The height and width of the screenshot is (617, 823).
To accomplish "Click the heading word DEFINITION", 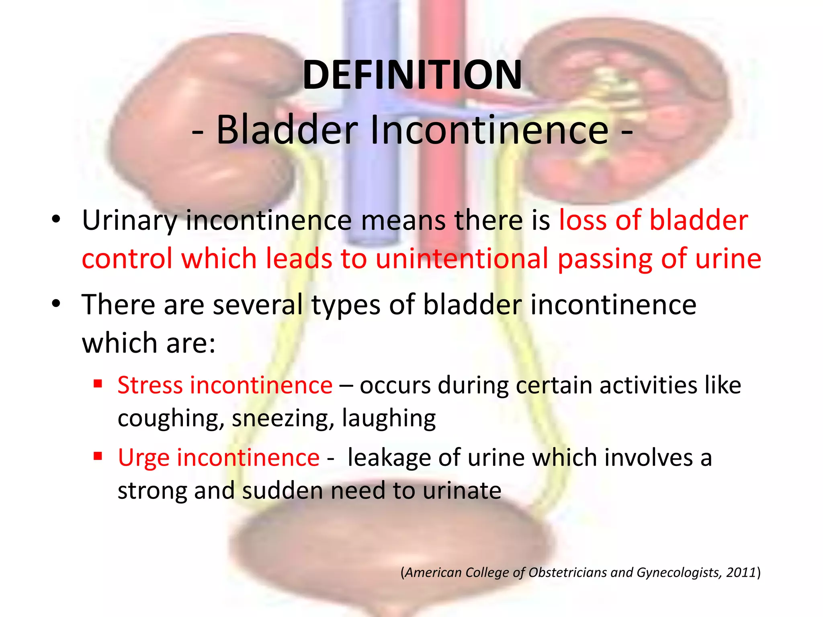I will [x=412, y=75].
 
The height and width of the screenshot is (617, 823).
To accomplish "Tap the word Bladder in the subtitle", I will [x=287, y=130].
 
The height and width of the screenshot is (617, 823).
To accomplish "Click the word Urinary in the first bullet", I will [x=129, y=221].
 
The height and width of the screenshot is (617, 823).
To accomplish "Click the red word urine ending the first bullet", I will [x=728, y=258].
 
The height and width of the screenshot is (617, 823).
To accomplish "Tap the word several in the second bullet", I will [x=258, y=304].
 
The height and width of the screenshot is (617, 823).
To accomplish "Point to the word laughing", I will [x=389, y=419].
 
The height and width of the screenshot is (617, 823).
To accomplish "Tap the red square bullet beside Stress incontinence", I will [x=98, y=384].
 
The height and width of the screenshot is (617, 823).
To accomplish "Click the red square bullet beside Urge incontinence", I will [x=98, y=456].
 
